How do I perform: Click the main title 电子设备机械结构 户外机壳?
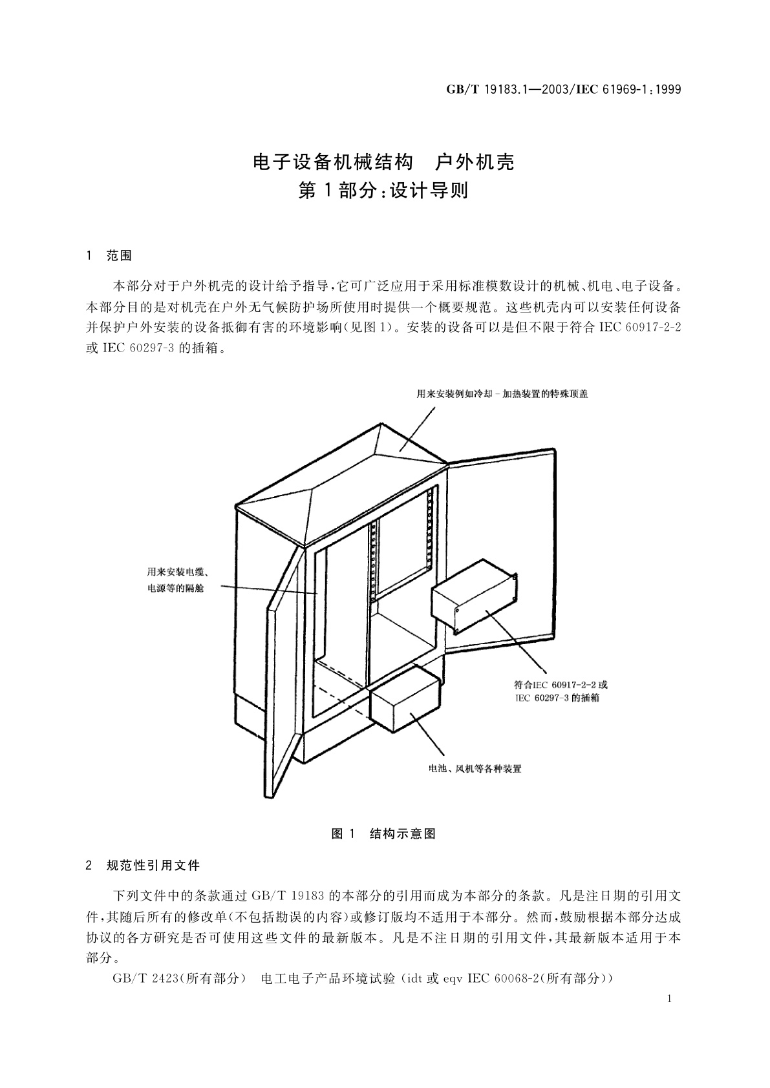click(x=383, y=162)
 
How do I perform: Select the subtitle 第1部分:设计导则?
click(x=383, y=191)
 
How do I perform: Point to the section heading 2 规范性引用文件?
click(x=143, y=865)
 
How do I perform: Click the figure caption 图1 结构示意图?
click(x=383, y=834)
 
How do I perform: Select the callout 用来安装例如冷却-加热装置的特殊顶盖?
click(x=502, y=393)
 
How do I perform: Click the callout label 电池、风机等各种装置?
click(x=475, y=769)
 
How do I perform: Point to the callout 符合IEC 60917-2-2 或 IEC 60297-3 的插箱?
click(x=561, y=691)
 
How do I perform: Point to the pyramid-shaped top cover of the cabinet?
click(x=343, y=478)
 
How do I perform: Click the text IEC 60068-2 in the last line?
click(x=507, y=979)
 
